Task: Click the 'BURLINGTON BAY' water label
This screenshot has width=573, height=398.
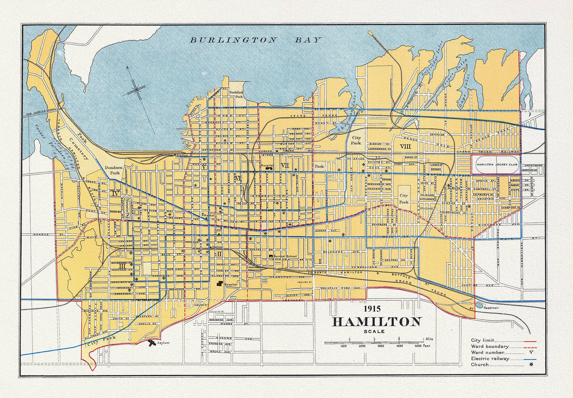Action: pyautogui.click(x=255, y=40)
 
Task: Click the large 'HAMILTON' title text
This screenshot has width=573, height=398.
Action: pyautogui.click(x=376, y=321)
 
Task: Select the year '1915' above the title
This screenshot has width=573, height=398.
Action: pyautogui.click(x=372, y=308)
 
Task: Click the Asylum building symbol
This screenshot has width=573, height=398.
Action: pyautogui.click(x=151, y=343)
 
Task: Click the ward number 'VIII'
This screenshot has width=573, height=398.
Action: pyautogui.click(x=406, y=146)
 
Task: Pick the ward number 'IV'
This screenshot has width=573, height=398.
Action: pyautogui.click(x=116, y=193)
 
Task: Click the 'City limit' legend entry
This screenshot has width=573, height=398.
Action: pyautogui.click(x=482, y=340)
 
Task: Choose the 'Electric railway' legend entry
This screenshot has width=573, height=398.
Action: pyautogui.click(x=490, y=358)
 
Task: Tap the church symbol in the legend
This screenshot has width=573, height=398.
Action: pyautogui.click(x=531, y=364)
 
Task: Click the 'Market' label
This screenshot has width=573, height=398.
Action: pyautogui.click(x=209, y=215)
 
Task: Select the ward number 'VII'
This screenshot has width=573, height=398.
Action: pyautogui.click(x=285, y=165)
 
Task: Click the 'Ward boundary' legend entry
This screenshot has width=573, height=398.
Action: pyautogui.click(x=489, y=346)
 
